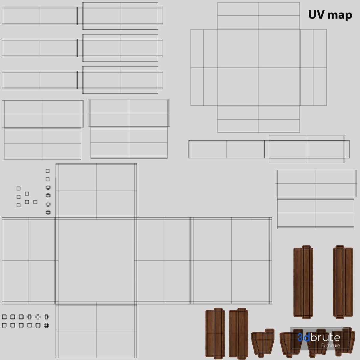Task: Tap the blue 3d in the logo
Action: coord(304,337)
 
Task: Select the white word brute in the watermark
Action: coord(325,337)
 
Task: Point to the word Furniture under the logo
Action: coord(330,346)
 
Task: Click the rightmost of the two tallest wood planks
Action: coord(343,282)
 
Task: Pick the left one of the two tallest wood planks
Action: coord(303,282)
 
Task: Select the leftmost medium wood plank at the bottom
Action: coord(215,333)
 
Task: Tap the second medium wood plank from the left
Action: coord(238,333)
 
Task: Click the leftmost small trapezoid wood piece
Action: coord(263,342)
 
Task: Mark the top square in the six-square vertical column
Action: coord(47,171)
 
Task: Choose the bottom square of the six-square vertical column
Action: coord(48,212)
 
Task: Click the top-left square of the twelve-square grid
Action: coord(4,317)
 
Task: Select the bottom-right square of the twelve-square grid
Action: coord(46,325)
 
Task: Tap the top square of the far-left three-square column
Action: coord(19,188)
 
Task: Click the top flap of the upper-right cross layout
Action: coord(258,16)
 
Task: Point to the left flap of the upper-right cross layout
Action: coord(204,67)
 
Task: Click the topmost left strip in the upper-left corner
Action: coord(40,16)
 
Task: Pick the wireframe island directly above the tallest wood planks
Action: coord(316,199)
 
